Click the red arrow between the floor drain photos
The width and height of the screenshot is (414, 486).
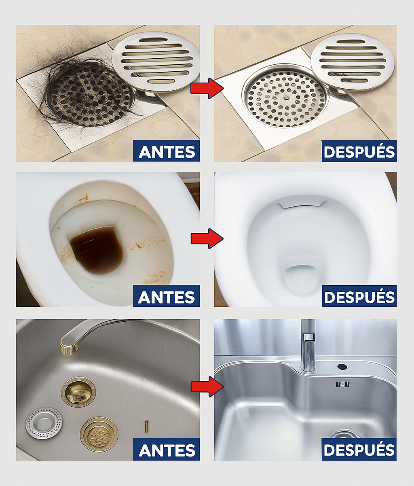[207, 88]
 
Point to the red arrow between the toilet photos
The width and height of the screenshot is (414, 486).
[207, 238]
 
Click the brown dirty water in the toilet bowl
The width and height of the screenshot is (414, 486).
[97, 250]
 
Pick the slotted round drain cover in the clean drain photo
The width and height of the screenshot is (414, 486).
[354, 61]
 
